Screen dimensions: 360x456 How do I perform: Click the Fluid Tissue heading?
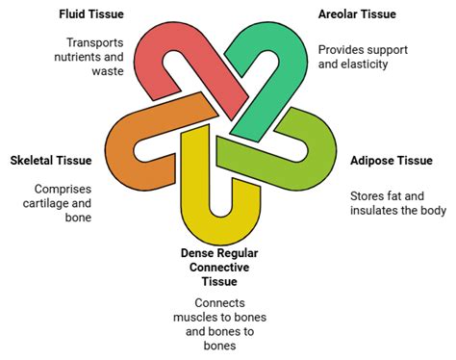coord(95,13)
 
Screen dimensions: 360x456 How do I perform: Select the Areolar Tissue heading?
coord(358,13)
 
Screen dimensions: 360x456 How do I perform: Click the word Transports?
coord(100,42)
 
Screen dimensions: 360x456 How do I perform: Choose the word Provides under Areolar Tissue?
coord(342,48)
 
